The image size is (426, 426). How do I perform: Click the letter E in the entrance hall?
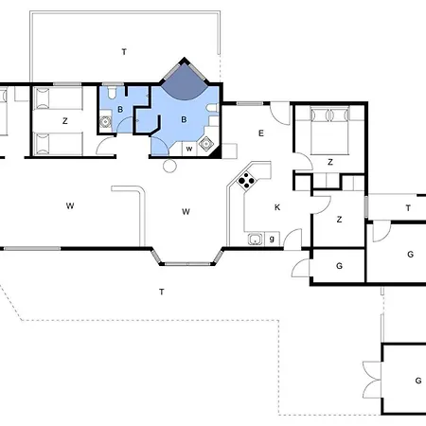[261, 133]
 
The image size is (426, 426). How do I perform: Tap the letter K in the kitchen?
[277, 207]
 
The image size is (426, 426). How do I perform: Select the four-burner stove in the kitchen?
[246, 181]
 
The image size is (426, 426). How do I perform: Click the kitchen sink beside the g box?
[255, 240]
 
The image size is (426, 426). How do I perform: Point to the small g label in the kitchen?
[272, 239]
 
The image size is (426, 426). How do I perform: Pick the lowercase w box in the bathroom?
[189, 149]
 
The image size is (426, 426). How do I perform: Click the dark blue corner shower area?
[185, 82]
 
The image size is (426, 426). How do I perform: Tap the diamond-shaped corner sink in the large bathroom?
[206, 144]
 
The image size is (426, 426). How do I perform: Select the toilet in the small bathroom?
[112, 91]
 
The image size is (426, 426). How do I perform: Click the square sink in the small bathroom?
[105, 121]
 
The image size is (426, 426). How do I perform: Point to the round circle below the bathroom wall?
[169, 166]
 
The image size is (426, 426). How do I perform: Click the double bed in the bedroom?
[330, 131]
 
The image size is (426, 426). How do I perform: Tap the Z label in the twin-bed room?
[65, 121]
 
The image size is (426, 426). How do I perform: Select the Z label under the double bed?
[330, 162]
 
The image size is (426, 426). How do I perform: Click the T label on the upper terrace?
[124, 52]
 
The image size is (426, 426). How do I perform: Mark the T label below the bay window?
[162, 292]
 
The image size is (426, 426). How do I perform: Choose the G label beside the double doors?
[418, 381]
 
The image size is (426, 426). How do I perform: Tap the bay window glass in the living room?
[187, 264]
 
